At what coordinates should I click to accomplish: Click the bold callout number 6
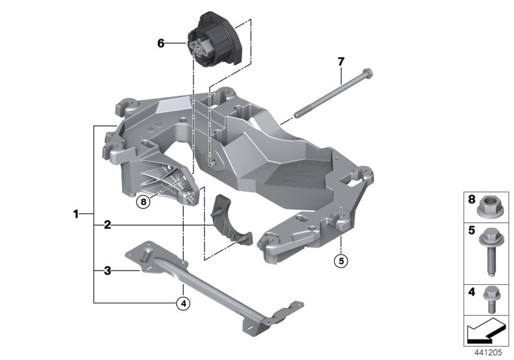161,44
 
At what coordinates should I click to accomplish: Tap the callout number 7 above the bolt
341,62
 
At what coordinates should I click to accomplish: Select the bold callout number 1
76,213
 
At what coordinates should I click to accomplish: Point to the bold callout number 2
107,225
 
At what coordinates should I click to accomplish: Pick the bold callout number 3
107,271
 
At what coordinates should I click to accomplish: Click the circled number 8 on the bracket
143,202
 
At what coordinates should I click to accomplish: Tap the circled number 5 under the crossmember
341,261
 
